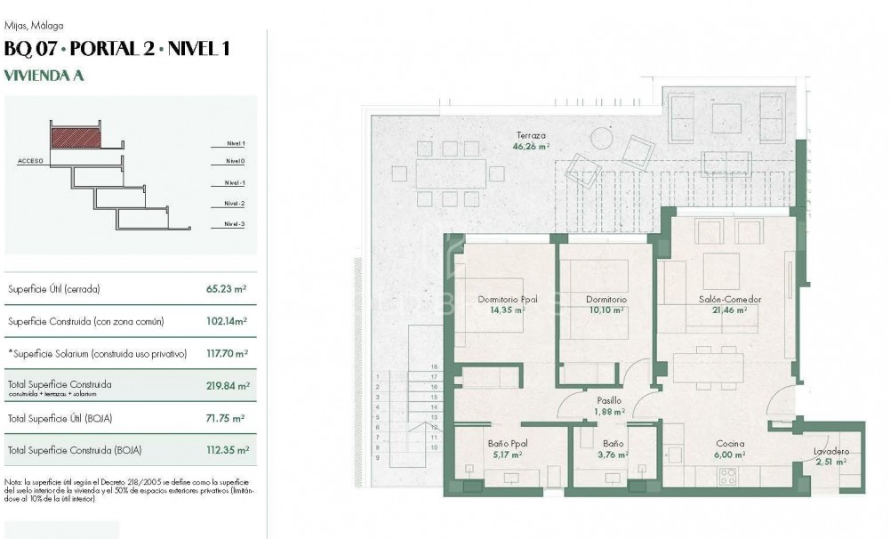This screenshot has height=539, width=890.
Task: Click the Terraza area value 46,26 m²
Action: [x=532, y=147]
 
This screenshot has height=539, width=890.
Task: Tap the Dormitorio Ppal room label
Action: [x=507, y=300]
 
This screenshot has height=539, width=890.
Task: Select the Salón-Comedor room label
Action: [x=729, y=300]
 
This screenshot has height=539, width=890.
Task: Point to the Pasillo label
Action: [x=608, y=401]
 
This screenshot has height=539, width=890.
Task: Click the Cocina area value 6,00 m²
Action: [x=730, y=455]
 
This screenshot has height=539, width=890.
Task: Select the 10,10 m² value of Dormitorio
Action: [x=606, y=311]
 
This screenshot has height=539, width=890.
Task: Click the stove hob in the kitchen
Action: [x=727, y=478]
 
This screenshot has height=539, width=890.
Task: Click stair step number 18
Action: [x=435, y=366]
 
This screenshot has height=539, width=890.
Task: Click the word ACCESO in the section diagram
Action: [x=31, y=161]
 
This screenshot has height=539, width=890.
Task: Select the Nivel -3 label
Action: [x=235, y=224]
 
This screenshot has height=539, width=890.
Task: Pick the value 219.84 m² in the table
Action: [x=228, y=386]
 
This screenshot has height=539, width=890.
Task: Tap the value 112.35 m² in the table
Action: [x=227, y=450]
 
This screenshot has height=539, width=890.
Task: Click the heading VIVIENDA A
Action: [x=44, y=76]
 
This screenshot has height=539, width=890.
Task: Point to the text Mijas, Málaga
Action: [x=34, y=26]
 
